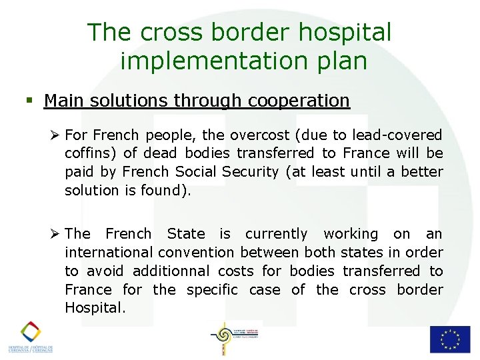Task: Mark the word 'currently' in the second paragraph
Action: point(277,233)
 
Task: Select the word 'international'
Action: point(109,252)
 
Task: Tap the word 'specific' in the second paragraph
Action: point(212,289)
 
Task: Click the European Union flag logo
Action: point(449,339)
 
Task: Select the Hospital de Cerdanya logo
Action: point(30,337)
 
